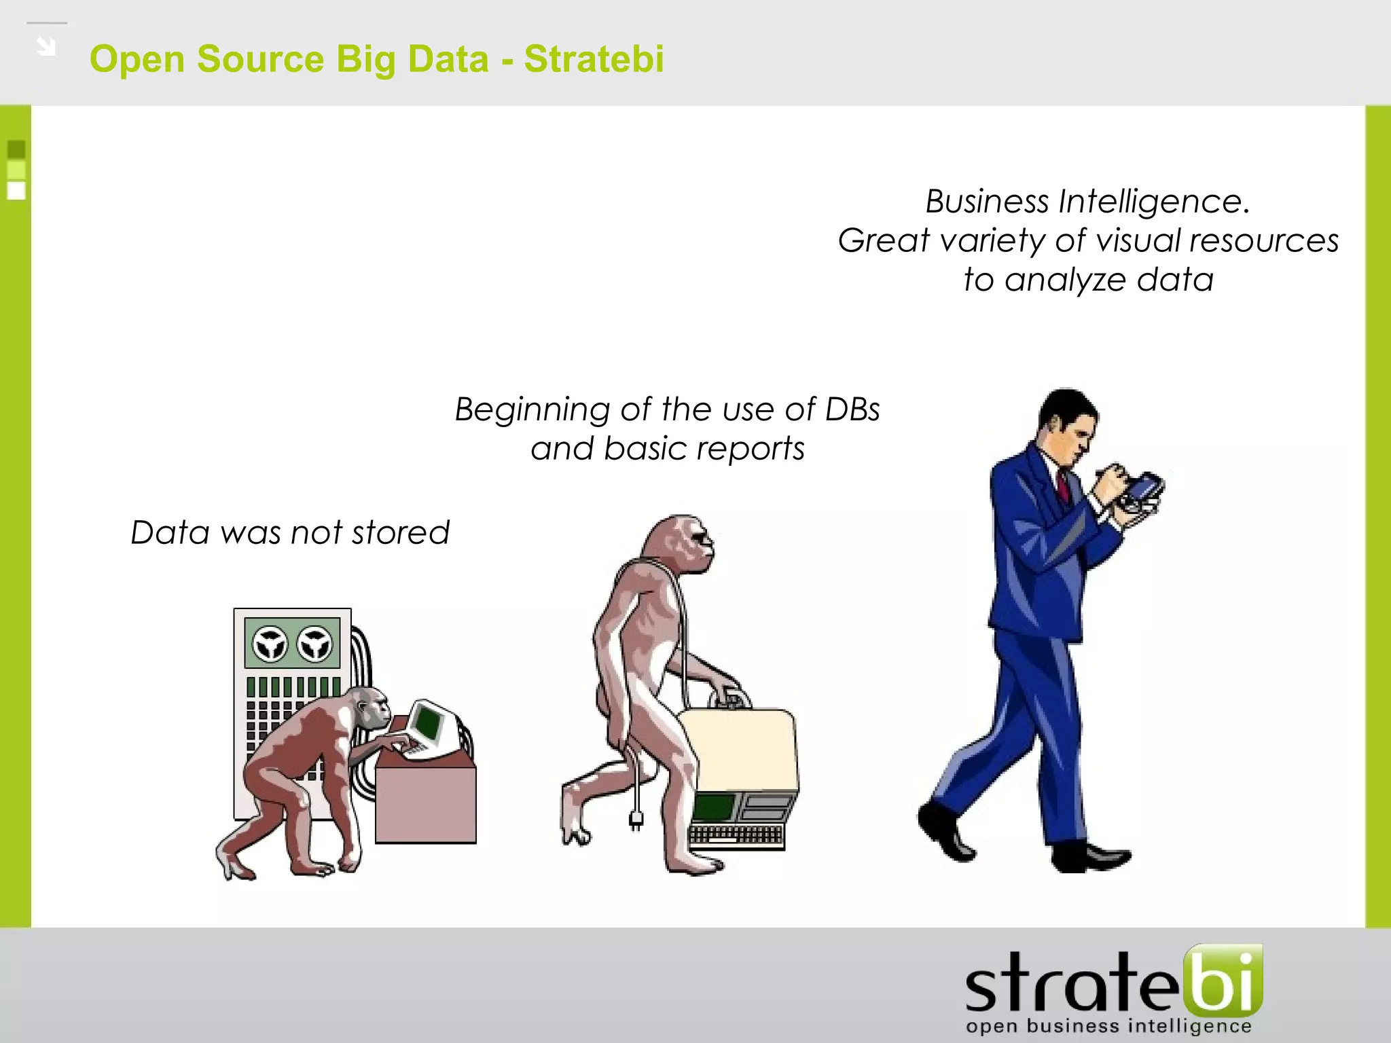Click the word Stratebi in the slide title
[x=594, y=58]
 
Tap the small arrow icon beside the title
[x=46, y=47]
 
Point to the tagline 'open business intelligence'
[x=1108, y=1026]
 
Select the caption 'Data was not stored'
[x=290, y=532]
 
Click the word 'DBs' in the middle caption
[x=852, y=409]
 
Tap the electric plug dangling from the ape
[x=636, y=820]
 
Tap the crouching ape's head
[x=371, y=710]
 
